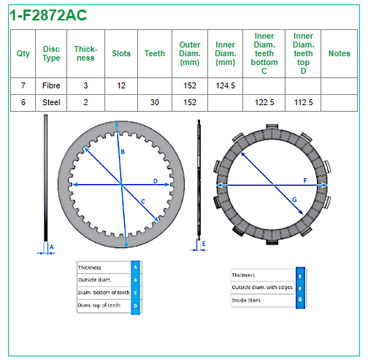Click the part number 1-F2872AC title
tap(48, 15)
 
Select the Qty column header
tap(23, 53)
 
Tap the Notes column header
tap(340, 53)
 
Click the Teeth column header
tap(155, 53)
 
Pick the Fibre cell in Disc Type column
tap(51, 85)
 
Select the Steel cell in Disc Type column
tap(51, 102)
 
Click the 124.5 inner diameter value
tap(226, 85)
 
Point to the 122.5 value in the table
tap(264, 102)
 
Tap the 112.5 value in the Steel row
tap(303, 102)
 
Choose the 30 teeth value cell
tap(155, 102)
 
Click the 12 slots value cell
tap(121, 85)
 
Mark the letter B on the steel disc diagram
tap(123, 152)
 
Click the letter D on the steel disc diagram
tap(156, 181)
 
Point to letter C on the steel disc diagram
tap(143, 202)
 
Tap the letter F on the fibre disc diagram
tap(305, 180)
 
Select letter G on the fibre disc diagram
tap(294, 200)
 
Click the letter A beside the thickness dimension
tap(51, 248)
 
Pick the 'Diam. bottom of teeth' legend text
tap(104, 292)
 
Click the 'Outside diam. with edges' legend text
tap(262, 287)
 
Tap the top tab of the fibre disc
tap(272, 126)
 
